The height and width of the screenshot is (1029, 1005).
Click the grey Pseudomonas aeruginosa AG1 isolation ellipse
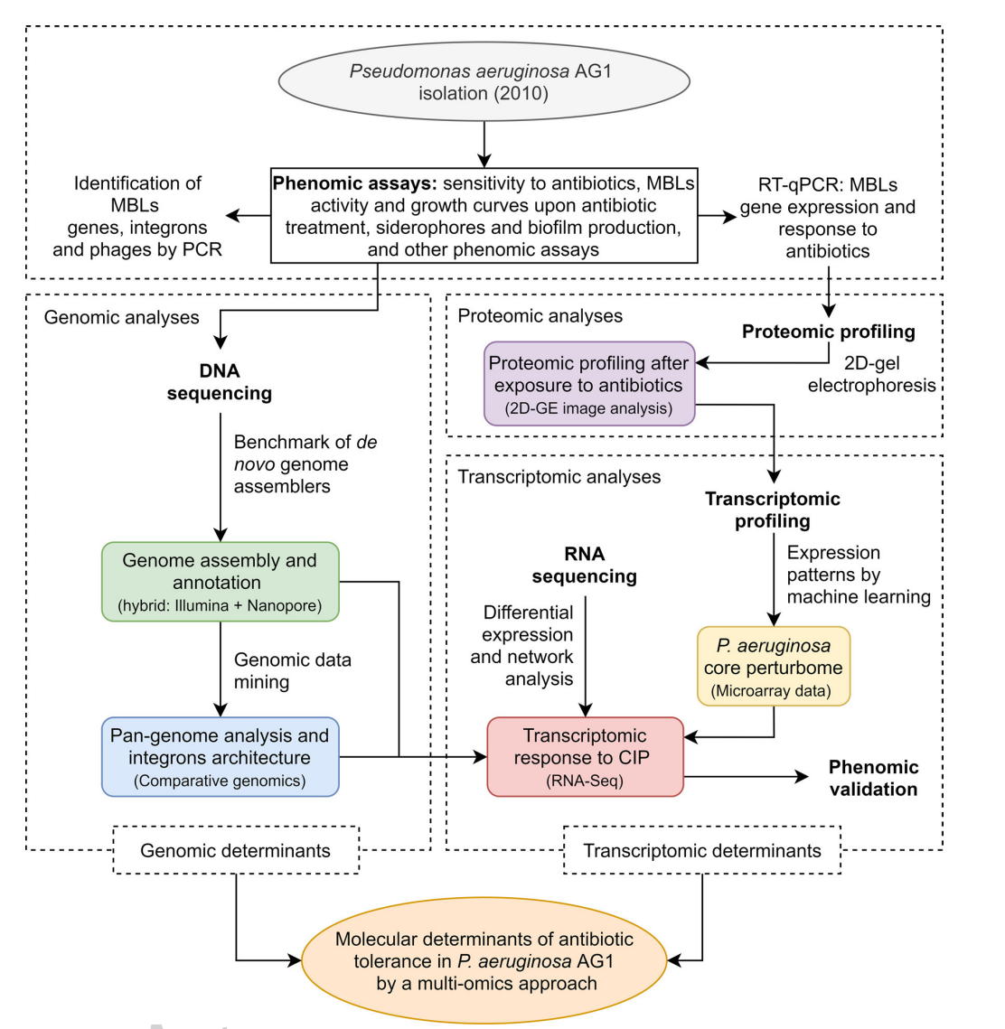coord(484,81)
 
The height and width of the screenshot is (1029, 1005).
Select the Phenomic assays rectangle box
coord(484,216)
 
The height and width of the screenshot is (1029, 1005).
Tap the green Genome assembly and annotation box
coord(220,582)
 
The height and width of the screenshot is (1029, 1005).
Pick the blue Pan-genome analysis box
coord(220,757)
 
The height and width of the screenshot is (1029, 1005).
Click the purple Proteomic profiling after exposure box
coord(588,384)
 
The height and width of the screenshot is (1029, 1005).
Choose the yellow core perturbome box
coord(773,667)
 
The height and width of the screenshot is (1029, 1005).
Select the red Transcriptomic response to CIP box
coord(585,757)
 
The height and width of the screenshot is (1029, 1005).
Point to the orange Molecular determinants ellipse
coord(484,961)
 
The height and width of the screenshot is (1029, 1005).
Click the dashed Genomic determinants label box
coord(235,850)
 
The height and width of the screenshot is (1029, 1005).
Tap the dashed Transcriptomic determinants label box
coord(701,850)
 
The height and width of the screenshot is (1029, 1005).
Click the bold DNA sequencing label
coord(220,382)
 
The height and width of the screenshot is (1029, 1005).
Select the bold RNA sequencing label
coord(585,565)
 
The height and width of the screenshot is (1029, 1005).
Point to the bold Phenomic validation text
coord(873,778)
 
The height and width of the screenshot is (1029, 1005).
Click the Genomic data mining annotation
coord(292,670)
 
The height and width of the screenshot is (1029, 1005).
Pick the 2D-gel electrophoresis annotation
coord(871,374)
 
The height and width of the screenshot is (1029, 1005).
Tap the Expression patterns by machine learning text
coord(858,575)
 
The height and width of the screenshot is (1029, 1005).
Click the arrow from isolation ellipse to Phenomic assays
coord(484,144)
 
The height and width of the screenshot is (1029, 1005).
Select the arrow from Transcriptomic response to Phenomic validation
coord(746,777)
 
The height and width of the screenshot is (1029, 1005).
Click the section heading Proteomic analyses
coord(540,315)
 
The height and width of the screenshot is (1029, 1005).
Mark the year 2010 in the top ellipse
coord(520,93)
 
